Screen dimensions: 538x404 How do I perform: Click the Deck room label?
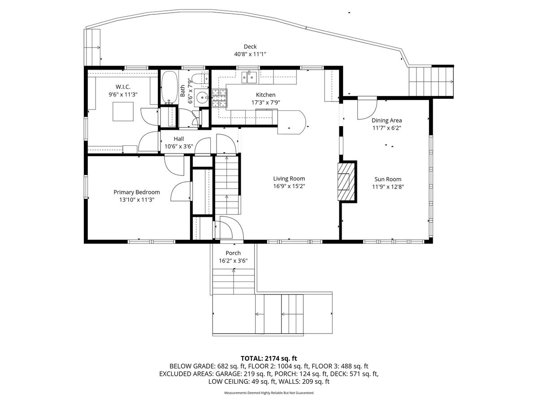click(250, 47)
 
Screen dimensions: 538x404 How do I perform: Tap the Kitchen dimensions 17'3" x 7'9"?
click(266, 102)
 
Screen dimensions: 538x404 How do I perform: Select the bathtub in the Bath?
click(169, 88)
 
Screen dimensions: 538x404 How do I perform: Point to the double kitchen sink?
click(248, 77)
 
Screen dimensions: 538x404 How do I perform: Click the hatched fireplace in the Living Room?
click(346, 181)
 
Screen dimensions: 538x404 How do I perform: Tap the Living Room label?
click(289, 179)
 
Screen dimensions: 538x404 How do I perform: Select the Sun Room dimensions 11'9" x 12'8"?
click(388, 187)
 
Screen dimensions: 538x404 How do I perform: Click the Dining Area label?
click(387, 120)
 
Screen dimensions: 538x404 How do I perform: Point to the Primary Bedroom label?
click(137, 192)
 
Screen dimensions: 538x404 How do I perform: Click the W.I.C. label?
click(123, 87)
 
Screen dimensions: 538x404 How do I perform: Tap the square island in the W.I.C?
click(123, 112)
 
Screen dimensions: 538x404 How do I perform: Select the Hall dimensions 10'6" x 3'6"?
click(179, 147)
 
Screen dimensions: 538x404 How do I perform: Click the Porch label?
click(233, 253)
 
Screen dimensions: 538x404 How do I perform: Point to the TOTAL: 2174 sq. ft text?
click(269, 358)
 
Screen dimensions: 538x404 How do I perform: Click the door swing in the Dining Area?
click(367, 108)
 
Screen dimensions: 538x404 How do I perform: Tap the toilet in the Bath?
click(200, 79)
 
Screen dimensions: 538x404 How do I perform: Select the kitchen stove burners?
click(219, 98)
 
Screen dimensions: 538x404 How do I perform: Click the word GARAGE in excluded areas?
click(229, 374)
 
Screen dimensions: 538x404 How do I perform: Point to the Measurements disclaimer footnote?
click(269, 393)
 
